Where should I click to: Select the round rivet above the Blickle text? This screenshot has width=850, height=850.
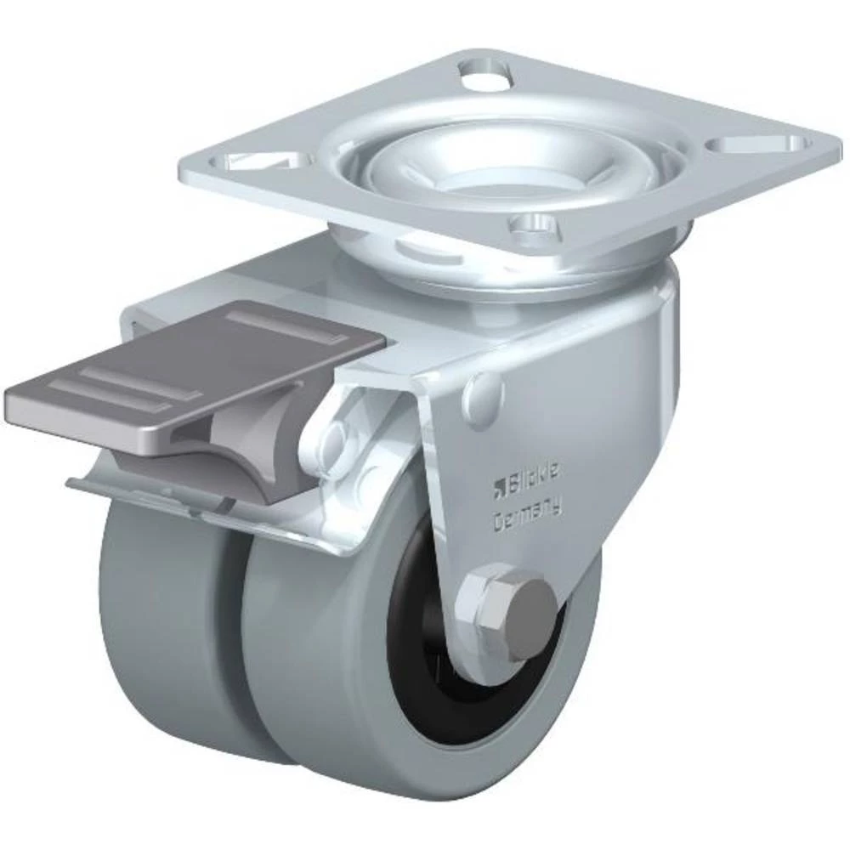coord(484,390)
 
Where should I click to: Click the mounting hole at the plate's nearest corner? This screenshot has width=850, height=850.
coord(533,225)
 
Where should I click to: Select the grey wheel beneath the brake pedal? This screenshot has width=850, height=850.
coord(153,612)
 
